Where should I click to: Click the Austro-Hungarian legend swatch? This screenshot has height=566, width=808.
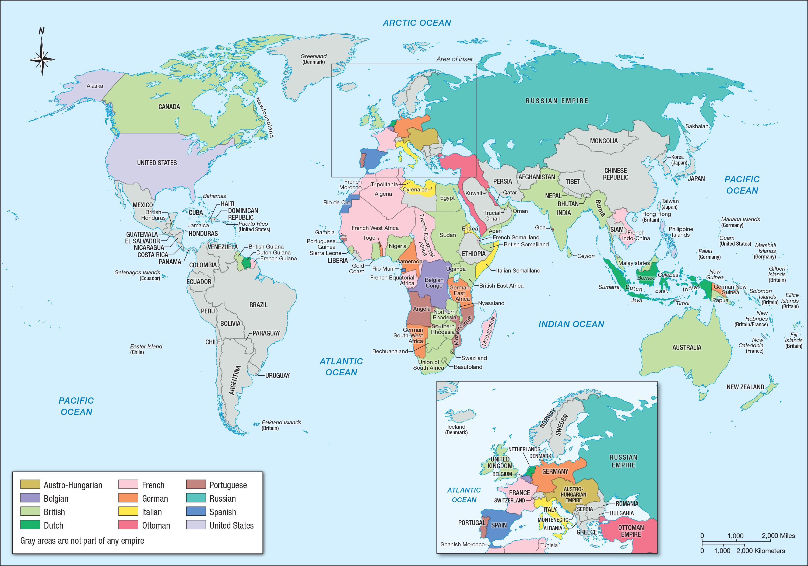click(30, 485)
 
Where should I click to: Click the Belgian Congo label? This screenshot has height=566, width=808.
click(434, 283)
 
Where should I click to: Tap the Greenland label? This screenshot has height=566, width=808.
click(313, 59)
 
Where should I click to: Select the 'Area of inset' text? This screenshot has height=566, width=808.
click(454, 59)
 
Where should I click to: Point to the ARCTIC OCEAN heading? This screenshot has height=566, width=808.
click(417, 23)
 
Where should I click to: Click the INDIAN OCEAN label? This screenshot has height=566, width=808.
click(571, 324)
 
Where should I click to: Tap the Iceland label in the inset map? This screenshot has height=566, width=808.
click(456, 429)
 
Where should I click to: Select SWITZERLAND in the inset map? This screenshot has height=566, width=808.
click(509, 500)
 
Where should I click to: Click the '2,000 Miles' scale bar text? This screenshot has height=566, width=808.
click(778, 536)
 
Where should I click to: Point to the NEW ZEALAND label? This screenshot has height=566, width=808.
click(745, 387)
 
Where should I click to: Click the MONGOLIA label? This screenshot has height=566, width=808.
click(603, 141)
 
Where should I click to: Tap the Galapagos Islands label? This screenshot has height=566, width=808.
click(137, 275)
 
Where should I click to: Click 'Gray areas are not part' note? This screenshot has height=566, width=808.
click(82, 540)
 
